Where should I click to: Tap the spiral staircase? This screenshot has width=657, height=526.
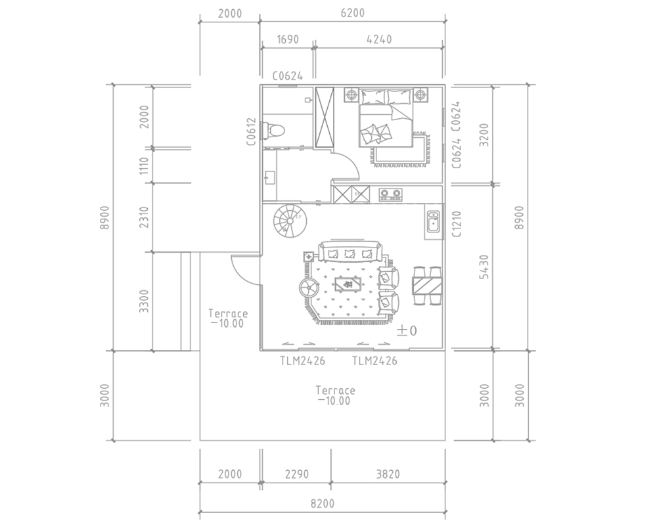pyautogui.click(x=290, y=221)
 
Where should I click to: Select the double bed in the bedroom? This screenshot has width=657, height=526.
pyautogui.click(x=386, y=118)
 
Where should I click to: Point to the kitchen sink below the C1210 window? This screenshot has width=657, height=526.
pyautogui.click(x=433, y=221)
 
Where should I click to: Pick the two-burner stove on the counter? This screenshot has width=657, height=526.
pyautogui.click(x=390, y=194)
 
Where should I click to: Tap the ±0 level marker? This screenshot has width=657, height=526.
pyautogui.click(x=407, y=331)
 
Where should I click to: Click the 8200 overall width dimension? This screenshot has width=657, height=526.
pyautogui.click(x=322, y=503)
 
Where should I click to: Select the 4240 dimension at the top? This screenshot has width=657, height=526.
pyautogui.click(x=379, y=39)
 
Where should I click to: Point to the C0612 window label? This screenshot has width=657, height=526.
pyautogui.click(x=251, y=131)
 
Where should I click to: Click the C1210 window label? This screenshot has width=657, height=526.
pyautogui.click(x=457, y=224)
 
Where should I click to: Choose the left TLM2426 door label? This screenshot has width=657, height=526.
pyautogui.click(x=302, y=361)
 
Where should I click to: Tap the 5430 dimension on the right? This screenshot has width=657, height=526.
pyautogui.click(x=484, y=267)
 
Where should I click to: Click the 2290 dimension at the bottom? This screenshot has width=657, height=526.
pyautogui.click(x=297, y=474)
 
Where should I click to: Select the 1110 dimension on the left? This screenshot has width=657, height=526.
pyautogui.click(x=144, y=166)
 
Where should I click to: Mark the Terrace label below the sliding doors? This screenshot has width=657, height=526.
pyautogui.click(x=336, y=391)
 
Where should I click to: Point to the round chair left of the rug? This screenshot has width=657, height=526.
pyautogui.click(x=309, y=288)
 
